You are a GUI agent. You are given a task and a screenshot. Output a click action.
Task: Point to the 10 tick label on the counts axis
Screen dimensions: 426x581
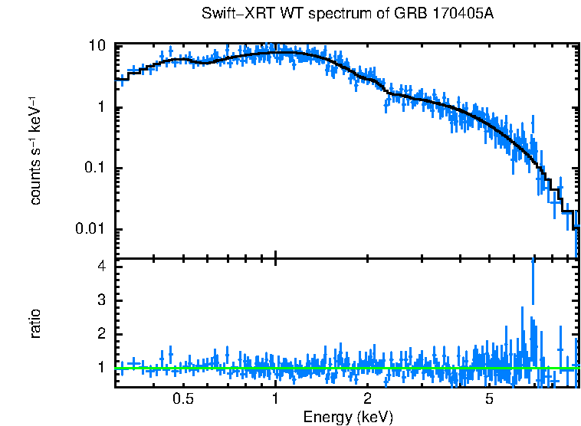click(x=97, y=46)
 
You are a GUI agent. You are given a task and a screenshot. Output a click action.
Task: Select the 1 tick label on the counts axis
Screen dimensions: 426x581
click(x=100, y=107)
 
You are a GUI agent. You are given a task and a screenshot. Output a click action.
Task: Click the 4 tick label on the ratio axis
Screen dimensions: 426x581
click(x=100, y=267)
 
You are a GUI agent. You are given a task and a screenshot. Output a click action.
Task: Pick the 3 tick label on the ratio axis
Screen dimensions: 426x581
click(x=100, y=300)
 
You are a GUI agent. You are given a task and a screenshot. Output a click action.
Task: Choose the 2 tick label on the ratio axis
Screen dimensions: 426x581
click(x=100, y=334)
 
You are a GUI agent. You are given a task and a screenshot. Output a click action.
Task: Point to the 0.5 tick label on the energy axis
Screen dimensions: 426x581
click(x=182, y=399)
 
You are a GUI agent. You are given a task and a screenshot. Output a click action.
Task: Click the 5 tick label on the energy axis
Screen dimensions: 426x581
click(x=489, y=399)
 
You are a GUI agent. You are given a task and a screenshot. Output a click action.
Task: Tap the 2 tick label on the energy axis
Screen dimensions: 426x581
click(x=367, y=399)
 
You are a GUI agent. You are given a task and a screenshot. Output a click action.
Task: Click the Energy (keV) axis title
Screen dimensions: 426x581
click(x=348, y=417)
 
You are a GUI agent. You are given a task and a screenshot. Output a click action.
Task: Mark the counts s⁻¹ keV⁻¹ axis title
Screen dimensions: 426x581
click(x=35, y=150)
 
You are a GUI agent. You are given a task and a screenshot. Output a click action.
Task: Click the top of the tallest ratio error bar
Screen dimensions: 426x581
click(x=533, y=259)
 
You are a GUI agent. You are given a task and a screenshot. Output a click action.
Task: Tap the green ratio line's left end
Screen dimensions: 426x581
click(x=117, y=368)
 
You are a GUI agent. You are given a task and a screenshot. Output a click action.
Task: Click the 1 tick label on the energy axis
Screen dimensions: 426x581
click(x=275, y=399)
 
